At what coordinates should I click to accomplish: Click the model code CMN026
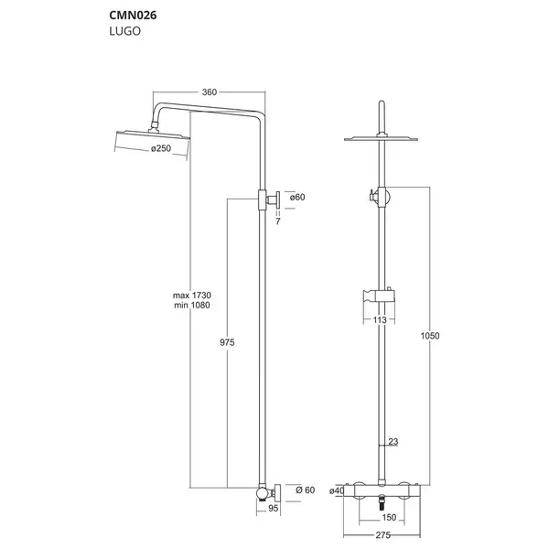(133, 16)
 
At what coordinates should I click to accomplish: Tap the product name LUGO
(125, 31)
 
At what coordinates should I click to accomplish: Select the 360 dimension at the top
(210, 92)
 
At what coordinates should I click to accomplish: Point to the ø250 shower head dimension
(161, 148)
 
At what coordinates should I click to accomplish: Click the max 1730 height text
(192, 296)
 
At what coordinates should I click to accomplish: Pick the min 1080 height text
(192, 306)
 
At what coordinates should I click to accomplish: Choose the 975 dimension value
(227, 342)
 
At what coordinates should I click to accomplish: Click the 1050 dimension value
(430, 336)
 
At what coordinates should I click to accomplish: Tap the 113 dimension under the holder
(380, 319)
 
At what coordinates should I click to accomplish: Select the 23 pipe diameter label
(393, 442)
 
